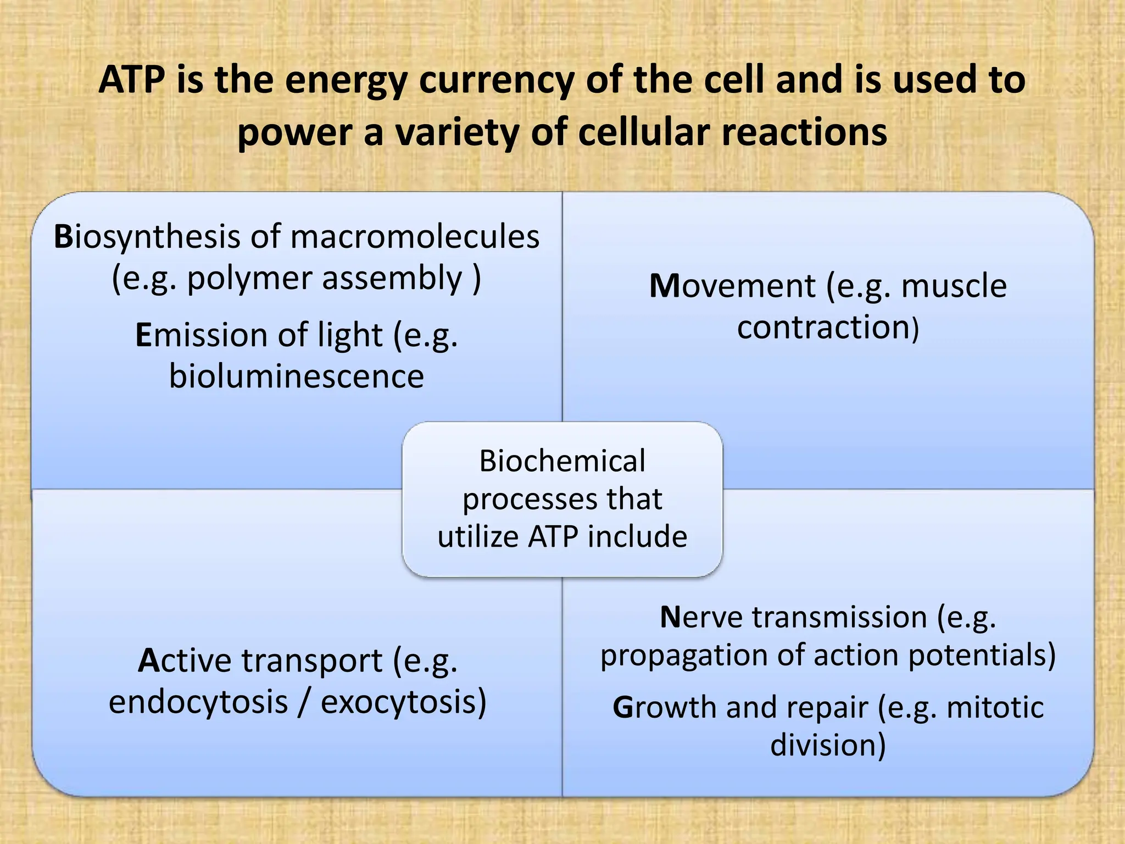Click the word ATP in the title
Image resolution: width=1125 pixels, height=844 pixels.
coord(132,80)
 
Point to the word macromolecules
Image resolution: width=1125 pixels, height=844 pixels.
coord(415,237)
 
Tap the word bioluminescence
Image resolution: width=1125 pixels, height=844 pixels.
coord(296,377)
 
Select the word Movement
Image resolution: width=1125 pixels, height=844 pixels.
coord(732,286)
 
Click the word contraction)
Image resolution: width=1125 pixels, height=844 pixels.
coord(828,327)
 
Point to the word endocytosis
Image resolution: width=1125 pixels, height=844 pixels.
coord(198,702)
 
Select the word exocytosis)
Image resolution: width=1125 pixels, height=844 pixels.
coord(404,702)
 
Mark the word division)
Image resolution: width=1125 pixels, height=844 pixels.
coord(828,746)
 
